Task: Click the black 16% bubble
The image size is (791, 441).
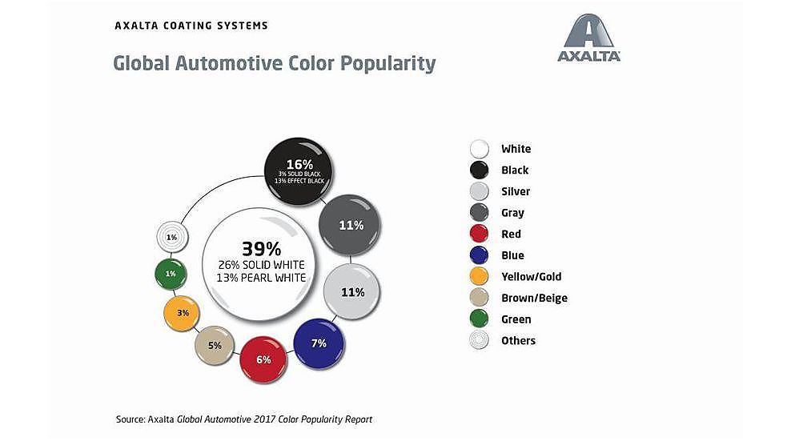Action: pyautogui.click(x=299, y=169)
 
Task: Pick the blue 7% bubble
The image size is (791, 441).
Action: pyautogui.click(x=319, y=344)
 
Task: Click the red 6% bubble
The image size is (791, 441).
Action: pyautogui.click(x=264, y=359)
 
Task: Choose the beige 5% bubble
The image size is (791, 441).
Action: pyautogui.click(x=215, y=346)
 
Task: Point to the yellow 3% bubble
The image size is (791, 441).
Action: pyautogui.click(x=183, y=313)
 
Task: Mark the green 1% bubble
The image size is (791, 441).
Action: pyautogui.click(x=171, y=274)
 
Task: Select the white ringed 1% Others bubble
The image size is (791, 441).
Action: pyautogui.click(x=171, y=237)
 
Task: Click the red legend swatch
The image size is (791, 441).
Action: pyautogui.click(x=480, y=235)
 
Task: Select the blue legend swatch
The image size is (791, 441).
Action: pyautogui.click(x=480, y=255)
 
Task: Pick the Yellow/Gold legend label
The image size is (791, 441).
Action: pyautogui.click(x=531, y=277)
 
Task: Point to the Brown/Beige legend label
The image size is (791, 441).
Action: pyautogui.click(x=534, y=298)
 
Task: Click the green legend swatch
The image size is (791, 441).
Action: pyautogui.click(x=480, y=319)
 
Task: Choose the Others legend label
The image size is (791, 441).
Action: pyautogui.click(x=518, y=341)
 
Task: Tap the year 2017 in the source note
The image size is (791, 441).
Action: pyautogui.click(x=274, y=419)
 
